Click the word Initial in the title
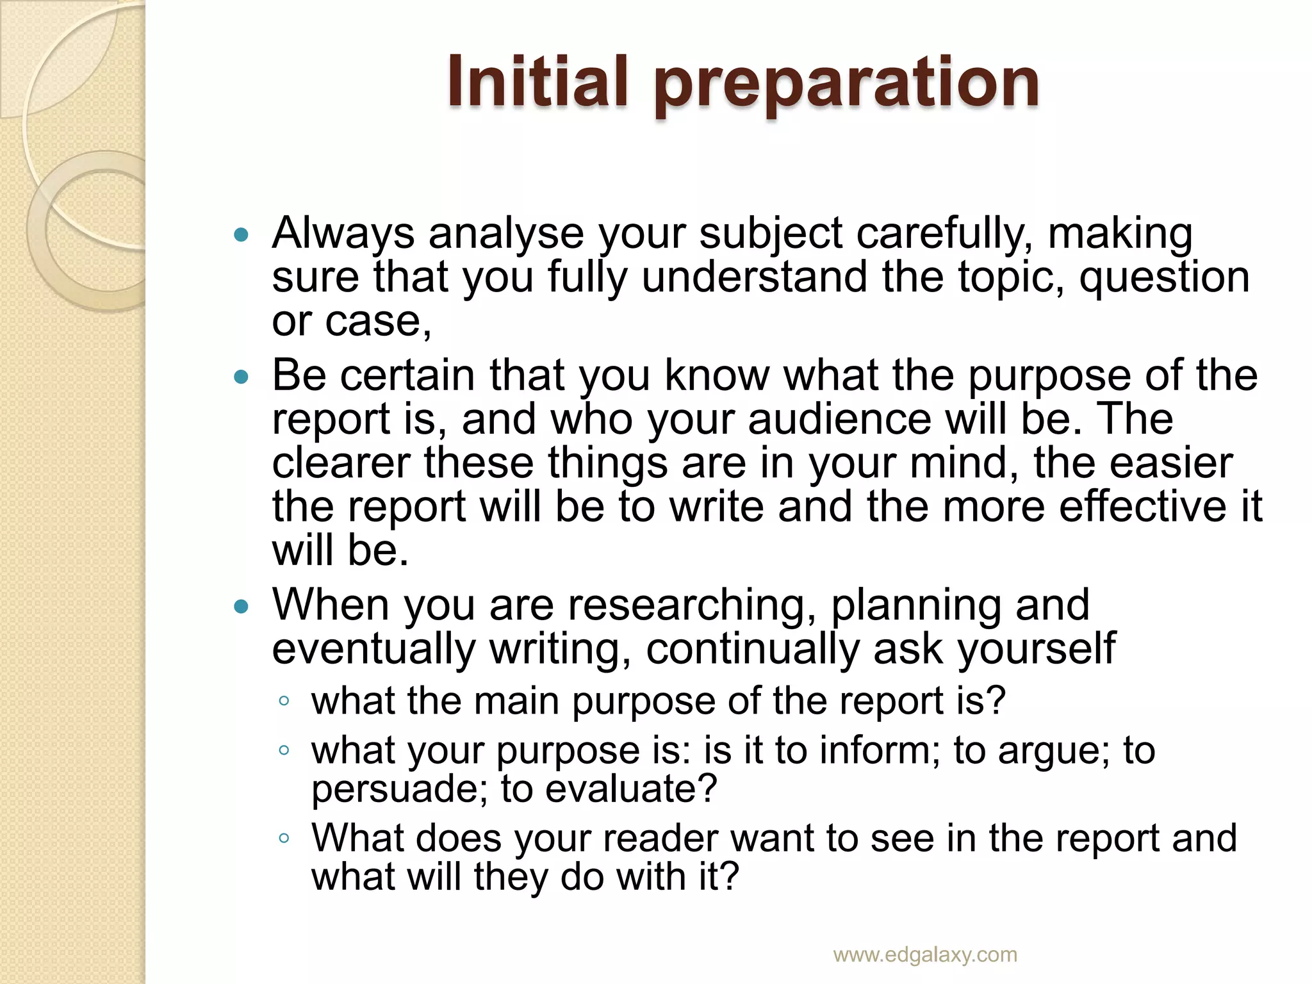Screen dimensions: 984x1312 click(537, 82)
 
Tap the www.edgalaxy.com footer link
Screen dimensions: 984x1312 click(925, 954)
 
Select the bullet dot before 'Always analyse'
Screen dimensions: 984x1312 click(242, 235)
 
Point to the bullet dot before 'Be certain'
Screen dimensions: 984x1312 click(242, 377)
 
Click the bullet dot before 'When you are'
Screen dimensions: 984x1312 click(242, 607)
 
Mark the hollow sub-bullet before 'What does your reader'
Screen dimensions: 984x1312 click(284, 838)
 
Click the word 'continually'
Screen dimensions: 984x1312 click(753, 649)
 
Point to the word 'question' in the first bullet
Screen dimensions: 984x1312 click(1165, 278)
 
